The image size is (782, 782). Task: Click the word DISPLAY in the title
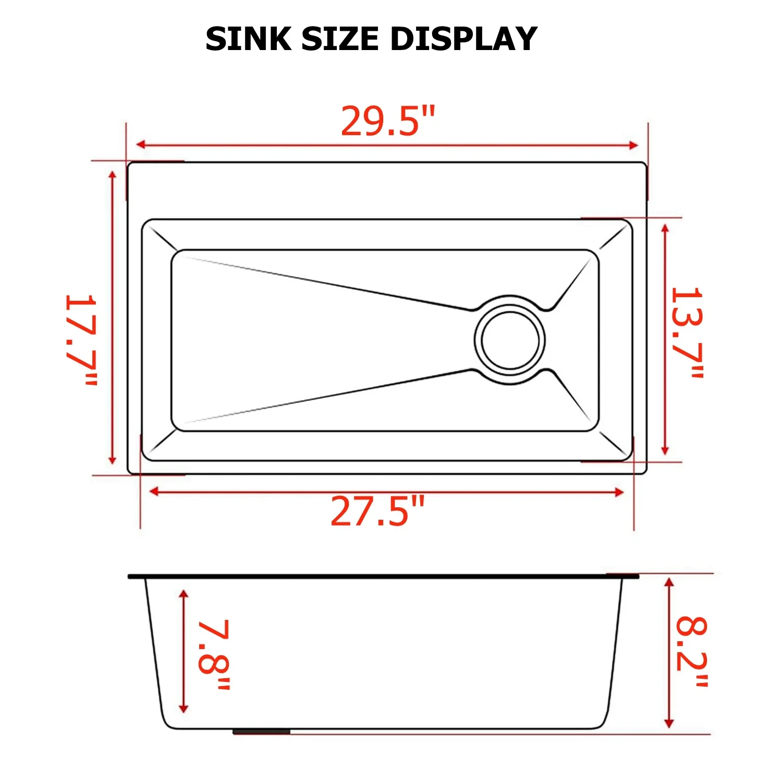[x=463, y=39]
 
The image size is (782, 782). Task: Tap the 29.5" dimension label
[x=387, y=121]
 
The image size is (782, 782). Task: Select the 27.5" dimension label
[x=377, y=511]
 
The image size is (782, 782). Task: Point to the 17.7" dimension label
[x=81, y=340]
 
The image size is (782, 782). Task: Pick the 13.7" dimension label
[x=687, y=332]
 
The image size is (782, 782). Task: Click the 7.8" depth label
[x=214, y=655]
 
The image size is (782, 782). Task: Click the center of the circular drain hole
[x=510, y=340]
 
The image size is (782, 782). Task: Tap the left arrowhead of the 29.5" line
[x=140, y=145]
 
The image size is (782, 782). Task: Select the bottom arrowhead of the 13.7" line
[x=665, y=450]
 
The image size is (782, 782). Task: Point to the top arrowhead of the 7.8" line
[x=183, y=595]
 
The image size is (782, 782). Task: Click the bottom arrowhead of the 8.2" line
[x=669, y=723]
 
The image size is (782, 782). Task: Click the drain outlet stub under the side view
[x=261, y=732]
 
